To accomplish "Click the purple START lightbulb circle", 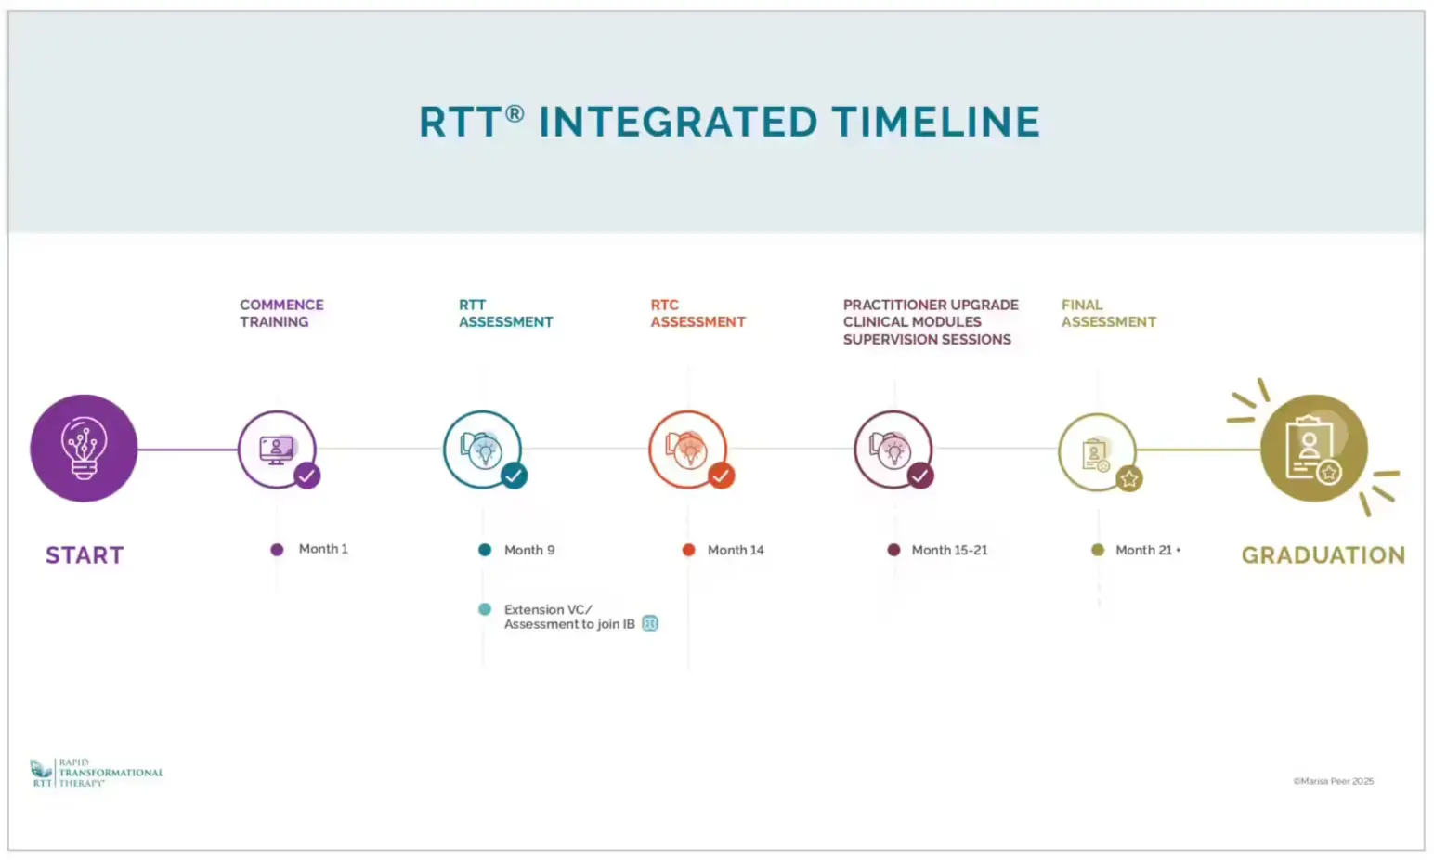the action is point(84,449).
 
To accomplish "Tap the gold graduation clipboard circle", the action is point(1314,449).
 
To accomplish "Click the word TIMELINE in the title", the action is point(936,122).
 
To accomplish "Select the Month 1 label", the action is point(323,549).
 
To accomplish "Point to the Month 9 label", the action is point(529,550).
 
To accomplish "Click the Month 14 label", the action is point(736,550).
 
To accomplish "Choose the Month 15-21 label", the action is point(949,550).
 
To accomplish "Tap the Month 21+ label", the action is point(1148,550).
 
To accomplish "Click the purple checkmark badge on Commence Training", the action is point(307,476).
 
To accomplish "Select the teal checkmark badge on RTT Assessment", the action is point(514,476).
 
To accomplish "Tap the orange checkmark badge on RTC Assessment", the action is point(721,476).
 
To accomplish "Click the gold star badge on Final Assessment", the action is point(1129,478).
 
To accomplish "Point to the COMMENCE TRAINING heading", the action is point(281,313).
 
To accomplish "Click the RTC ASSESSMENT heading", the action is point(697,313).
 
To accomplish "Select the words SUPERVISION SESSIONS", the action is point(927,339).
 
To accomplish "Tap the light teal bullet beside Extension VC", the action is point(485,609).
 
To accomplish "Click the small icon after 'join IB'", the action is point(650,623).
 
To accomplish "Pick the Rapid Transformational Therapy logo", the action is point(97,773).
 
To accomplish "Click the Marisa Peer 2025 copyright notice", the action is point(1334,781).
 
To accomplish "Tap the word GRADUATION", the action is point(1323,555).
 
